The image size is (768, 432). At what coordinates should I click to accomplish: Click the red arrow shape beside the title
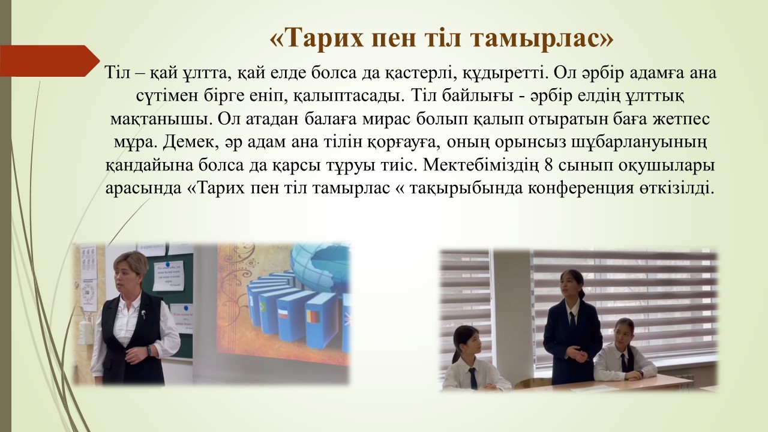(x=50, y=61)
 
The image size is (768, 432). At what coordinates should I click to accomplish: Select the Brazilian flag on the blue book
(x=263, y=307)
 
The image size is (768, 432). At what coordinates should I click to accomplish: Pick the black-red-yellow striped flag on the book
(x=313, y=316)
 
